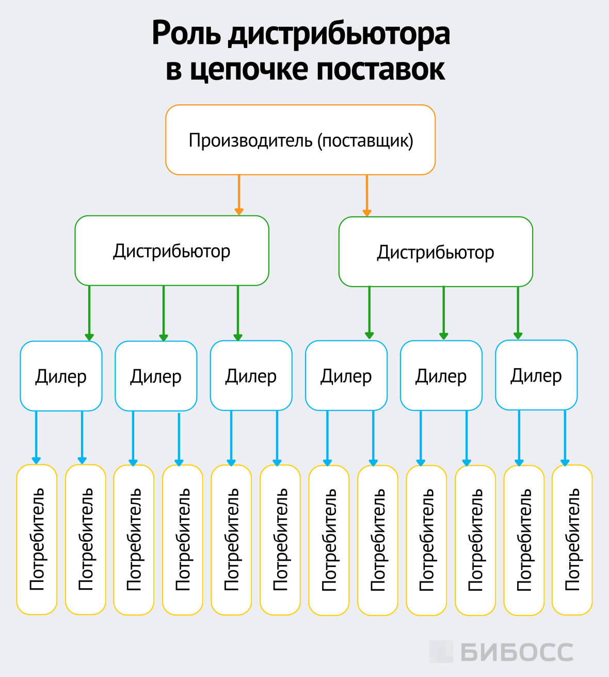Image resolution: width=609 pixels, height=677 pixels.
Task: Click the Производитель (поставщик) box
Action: (x=300, y=140)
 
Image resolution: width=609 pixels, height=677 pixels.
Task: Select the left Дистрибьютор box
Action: (x=172, y=251)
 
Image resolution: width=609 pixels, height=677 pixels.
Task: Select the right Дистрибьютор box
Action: (x=436, y=252)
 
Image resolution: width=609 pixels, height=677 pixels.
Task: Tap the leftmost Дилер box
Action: (x=61, y=376)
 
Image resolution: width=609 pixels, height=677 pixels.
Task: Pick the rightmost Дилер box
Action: (x=536, y=375)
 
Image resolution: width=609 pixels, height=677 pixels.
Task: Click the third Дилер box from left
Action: (x=251, y=376)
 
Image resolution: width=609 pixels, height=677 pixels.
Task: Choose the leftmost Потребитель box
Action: (x=37, y=540)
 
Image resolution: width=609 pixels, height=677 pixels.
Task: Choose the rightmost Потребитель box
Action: (x=572, y=540)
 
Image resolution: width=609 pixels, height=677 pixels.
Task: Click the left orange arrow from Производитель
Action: (x=238, y=195)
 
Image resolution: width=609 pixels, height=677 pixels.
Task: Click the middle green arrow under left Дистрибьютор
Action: (x=164, y=313)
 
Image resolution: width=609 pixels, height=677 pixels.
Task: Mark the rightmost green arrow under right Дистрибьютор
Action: (x=518, y=312)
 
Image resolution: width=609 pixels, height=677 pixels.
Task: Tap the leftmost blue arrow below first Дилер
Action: (x=36, y=437)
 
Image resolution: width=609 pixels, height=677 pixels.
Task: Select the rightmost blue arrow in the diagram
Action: (x=565, y=438)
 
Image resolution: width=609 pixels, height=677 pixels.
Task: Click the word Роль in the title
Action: (x=186, y=34)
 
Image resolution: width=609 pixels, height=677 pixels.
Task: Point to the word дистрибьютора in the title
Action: (x=339, y=34)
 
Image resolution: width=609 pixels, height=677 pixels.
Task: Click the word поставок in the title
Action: (x=380, y=69)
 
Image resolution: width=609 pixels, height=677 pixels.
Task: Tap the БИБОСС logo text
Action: (x=517, y=652)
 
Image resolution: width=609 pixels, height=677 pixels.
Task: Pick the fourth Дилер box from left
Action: (x=346, y=376)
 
